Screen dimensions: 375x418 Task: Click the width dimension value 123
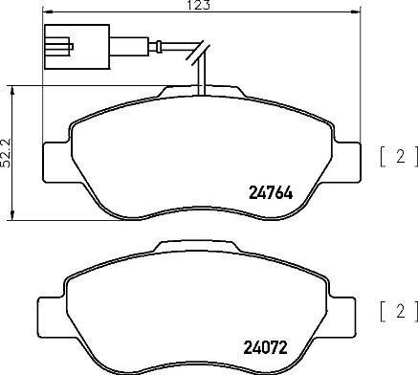point(200,6)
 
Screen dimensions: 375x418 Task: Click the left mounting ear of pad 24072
point(52,311)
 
